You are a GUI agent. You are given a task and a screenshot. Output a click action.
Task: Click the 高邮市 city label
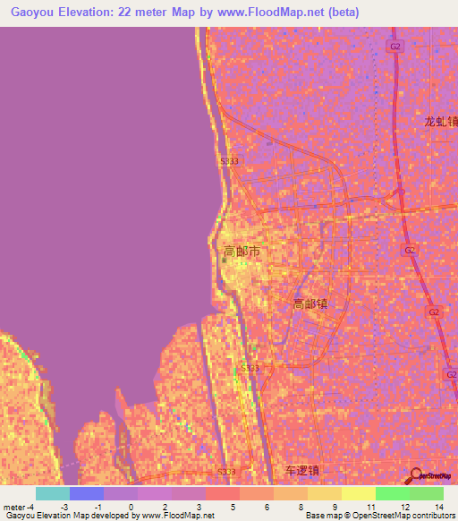coord(242,252)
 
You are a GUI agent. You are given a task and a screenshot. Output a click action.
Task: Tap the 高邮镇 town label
coord(310,303)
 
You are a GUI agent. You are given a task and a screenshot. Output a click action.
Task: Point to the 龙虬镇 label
coord(440,122)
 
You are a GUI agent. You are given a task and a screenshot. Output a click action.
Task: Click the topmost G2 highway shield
coord(394,47)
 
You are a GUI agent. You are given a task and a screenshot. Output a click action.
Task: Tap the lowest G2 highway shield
coord(451,372)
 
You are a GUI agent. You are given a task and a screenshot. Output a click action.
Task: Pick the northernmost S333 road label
coord(230,160)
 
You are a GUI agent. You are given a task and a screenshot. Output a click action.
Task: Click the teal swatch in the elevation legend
coord(53,493)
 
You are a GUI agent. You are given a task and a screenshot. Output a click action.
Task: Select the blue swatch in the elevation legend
coord(87,493)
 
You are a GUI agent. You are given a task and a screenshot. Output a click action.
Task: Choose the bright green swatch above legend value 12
coord(393,493)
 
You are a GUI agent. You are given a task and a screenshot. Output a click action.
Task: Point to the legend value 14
coord(437,507)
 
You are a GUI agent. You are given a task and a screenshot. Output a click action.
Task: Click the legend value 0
coord(131,507)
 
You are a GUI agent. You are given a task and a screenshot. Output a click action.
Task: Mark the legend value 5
coord(233,507)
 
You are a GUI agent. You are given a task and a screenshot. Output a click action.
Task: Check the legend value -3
coord(64,507)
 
